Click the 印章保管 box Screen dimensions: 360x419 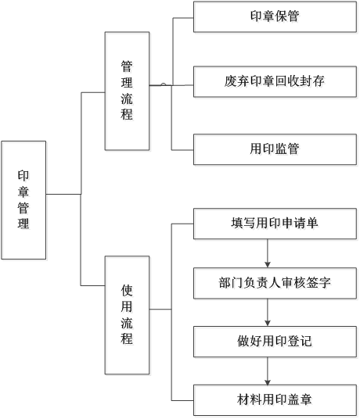(x=275, y=17)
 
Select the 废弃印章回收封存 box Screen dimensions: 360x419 (x=275, y=81)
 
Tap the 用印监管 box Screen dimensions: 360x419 (x=275, y=149)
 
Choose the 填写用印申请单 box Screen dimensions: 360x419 (x=275, y=224)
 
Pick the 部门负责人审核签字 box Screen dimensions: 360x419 (x=275, y=283)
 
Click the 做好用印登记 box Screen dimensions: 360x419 (x=275, y=342)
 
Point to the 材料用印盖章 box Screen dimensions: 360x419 (x=275, y=400)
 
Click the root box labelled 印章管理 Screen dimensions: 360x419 (x=23, y=200)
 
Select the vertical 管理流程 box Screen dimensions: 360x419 (x=127, y=91)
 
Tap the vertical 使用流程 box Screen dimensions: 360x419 (x=127, y=315)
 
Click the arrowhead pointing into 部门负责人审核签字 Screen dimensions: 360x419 (x=268, y=265)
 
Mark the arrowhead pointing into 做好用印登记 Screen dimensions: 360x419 (x=268, y=323)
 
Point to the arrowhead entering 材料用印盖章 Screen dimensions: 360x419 (x=268, y=381)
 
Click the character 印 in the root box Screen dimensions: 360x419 (x=23, y=176)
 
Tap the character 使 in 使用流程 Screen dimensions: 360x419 (x=127, y=291)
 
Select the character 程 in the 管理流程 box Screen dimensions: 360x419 (x=127, y=114)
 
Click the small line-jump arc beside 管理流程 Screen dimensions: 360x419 (x=163, y=84)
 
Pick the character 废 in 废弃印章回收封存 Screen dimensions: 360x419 (x=231, y=81)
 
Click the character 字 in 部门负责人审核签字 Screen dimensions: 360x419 (x=325, y=283)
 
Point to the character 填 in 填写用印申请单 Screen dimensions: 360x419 (x=237, y=223)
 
